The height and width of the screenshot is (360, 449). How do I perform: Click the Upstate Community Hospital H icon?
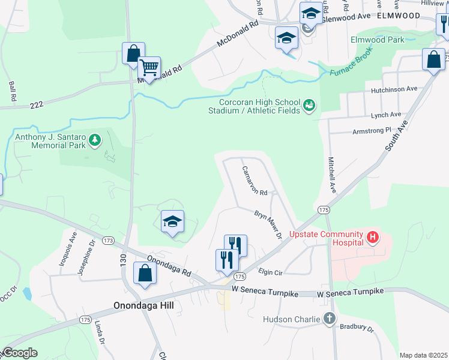click(373, 238)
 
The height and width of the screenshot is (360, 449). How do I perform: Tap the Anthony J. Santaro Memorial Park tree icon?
click(94, 140)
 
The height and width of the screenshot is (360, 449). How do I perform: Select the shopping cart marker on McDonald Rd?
click(149, 68)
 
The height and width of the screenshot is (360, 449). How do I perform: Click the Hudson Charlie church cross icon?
click(329, 319)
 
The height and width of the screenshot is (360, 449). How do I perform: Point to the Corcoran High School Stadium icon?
click(309, 106)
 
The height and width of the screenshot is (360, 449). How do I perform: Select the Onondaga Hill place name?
click(143, 305)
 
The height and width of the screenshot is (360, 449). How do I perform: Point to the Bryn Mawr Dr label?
click(268, 224)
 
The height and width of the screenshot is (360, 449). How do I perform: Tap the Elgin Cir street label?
click(270, 272)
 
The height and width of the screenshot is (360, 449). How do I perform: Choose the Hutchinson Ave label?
click(394, 89)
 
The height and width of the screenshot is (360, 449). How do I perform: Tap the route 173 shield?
click(108, 241)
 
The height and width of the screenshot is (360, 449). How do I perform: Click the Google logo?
click(19, 353)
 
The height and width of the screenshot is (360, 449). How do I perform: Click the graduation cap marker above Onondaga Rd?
click(172, 221)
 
